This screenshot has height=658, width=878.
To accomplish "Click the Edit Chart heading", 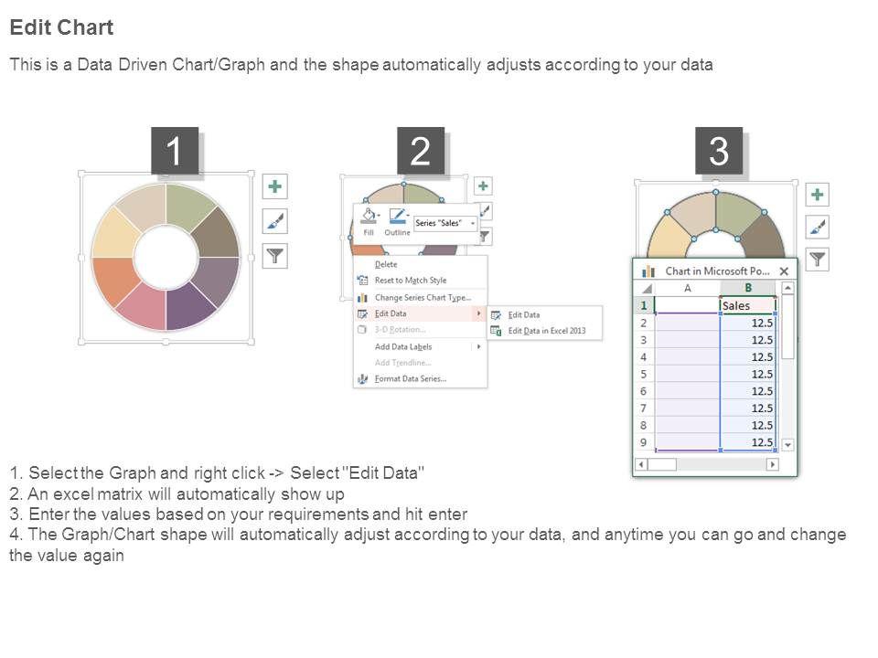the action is click(x=61, y=27).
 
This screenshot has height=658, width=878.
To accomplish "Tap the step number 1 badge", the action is click(x=175, y=151).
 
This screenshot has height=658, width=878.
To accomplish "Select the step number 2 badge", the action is click(x=421, y=151).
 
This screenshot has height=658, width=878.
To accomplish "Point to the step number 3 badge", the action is click(x=719, y=151).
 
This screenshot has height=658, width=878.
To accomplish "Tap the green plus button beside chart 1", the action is click(x=275, y=186).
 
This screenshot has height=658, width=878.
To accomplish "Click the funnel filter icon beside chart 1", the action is click(x=275, y=256).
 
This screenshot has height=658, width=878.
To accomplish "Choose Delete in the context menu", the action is click(x=386, y=264).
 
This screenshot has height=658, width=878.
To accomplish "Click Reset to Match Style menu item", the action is click(x=411, y=281).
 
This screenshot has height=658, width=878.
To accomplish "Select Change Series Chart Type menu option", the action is click(x=423, y=298).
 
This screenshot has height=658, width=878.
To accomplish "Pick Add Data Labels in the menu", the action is click(x=403, y=347).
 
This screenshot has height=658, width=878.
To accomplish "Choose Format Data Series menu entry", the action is click(x=411, y=378).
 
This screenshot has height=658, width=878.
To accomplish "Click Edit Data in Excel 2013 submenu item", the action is click(x=547, y=331).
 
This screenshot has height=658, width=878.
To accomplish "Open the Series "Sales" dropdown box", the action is click(x=445, y=223).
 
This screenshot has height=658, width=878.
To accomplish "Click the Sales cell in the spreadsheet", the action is click(x=747, y=305).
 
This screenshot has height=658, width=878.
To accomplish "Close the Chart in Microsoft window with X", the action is click(x=784, y=271).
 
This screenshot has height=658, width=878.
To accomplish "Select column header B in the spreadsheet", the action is click(x=747, y=288).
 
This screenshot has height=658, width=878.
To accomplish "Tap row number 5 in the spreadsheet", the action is click(x=643, y=375).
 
